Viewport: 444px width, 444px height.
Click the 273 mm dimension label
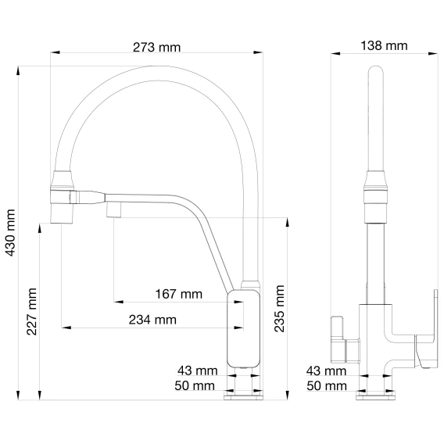[x=156, y=47]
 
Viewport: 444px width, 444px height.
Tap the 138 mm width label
[x=384, y=45]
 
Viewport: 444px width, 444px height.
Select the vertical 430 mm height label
[x=10, y=233]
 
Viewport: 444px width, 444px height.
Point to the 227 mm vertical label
[x=31, y=311]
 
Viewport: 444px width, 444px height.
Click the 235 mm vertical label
[x=279, y=308]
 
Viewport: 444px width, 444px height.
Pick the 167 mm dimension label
[x=179, y=294]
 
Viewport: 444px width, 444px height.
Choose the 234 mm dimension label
[x=152, y=320]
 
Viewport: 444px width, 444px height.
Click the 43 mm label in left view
[x=198, y=371]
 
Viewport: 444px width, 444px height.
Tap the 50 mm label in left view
[x=195, y=385]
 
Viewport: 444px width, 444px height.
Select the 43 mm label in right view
[x=326, y=371]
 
